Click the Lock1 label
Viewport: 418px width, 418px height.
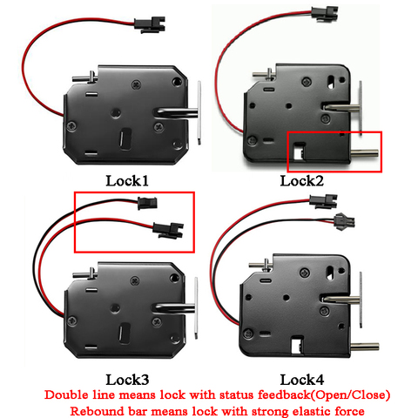coord(127,181)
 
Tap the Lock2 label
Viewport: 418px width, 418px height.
coord(301,181)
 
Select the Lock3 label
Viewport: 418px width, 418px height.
coord(127,380)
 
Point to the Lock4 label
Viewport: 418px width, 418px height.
coord(302,380)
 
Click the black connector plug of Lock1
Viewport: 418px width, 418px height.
coord(150,24)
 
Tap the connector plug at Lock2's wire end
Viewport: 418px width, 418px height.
coord(325,12)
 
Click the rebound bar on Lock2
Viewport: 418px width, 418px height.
coord(365,152)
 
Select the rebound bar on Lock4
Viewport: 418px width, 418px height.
coord(365,347)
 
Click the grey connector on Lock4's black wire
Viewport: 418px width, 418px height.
coord(345,221)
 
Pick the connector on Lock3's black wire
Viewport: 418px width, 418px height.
coord(147,203)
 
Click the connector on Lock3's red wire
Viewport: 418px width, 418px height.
coord(168,230)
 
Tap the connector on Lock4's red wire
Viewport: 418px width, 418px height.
coord(323,201)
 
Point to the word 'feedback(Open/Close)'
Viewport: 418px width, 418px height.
coord(324,395)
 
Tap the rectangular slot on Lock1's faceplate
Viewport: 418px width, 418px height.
coord(125,139)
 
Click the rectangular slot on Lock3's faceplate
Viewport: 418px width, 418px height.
coord(125,334)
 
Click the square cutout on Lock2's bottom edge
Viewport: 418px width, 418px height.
coord(300,151)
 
